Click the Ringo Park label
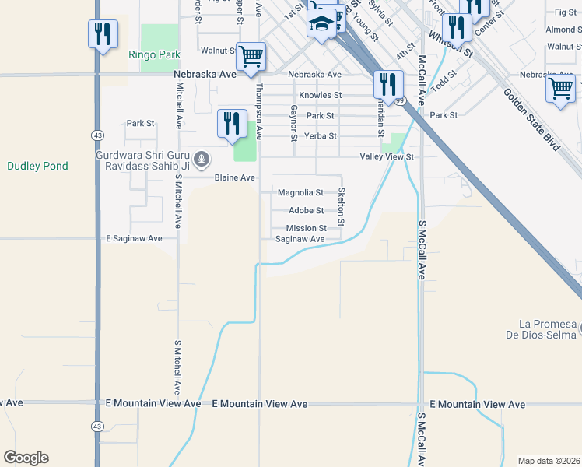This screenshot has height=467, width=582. click(154, 55)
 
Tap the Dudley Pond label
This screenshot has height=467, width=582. click(37, 166)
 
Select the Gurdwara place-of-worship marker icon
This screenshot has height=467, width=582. click(202, 160)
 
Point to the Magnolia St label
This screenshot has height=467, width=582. click(300, 192)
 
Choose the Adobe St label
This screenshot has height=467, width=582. click(306, 210)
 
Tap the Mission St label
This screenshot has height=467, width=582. click(304, 228)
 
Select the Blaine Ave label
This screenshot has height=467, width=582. click(235, 177)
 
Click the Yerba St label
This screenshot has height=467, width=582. click(321, 135)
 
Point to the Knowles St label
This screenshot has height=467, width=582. click(321, 95)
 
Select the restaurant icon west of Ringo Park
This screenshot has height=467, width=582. click(103, 33)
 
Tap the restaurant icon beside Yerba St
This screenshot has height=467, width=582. click(231, 123)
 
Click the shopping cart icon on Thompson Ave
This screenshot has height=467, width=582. click(250, 56)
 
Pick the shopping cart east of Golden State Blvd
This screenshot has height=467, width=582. click(560, 88)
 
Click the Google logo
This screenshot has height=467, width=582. click(26, 458)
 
